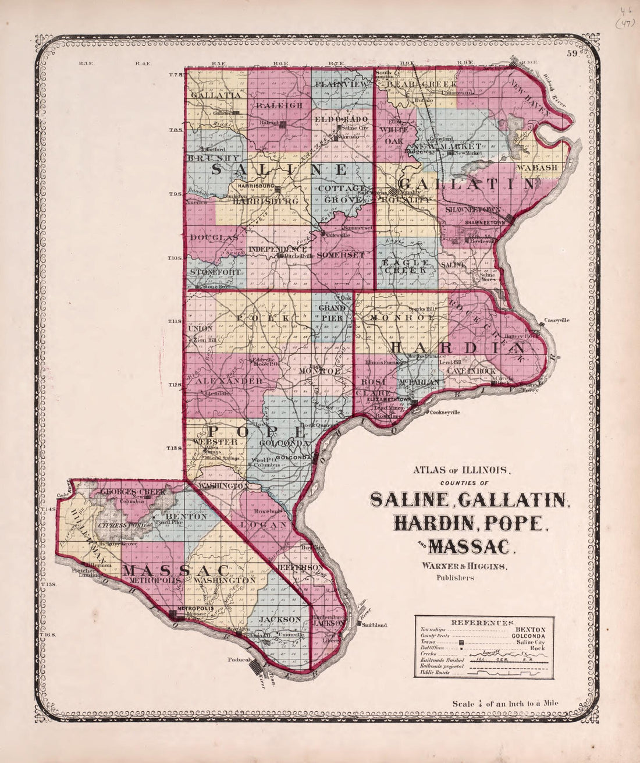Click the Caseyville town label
pos(557,320)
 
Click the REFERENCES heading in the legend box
pos(483,622)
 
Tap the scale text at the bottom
pos(506,703)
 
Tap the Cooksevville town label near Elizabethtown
pos(445,412)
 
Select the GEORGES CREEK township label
pos(134,492)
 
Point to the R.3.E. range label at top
pos(84,63)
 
